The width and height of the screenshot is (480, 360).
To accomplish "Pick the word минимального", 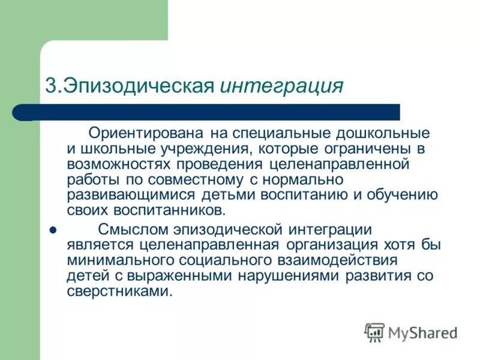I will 123,260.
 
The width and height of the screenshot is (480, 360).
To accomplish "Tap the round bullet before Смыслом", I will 52,230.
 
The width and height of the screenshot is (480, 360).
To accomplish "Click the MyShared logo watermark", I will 411,332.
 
